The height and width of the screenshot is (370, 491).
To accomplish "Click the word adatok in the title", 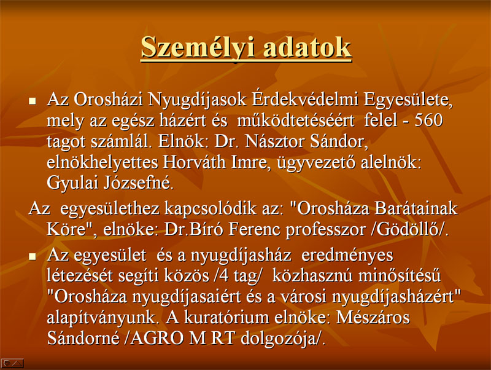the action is [307, 47].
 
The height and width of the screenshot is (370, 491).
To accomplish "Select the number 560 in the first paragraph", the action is [428, 120].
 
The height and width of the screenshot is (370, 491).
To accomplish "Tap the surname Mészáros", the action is [373, 317].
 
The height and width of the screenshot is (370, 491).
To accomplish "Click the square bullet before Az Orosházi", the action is [33, 101].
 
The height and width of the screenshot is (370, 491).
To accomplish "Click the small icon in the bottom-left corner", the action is [12, 363].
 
